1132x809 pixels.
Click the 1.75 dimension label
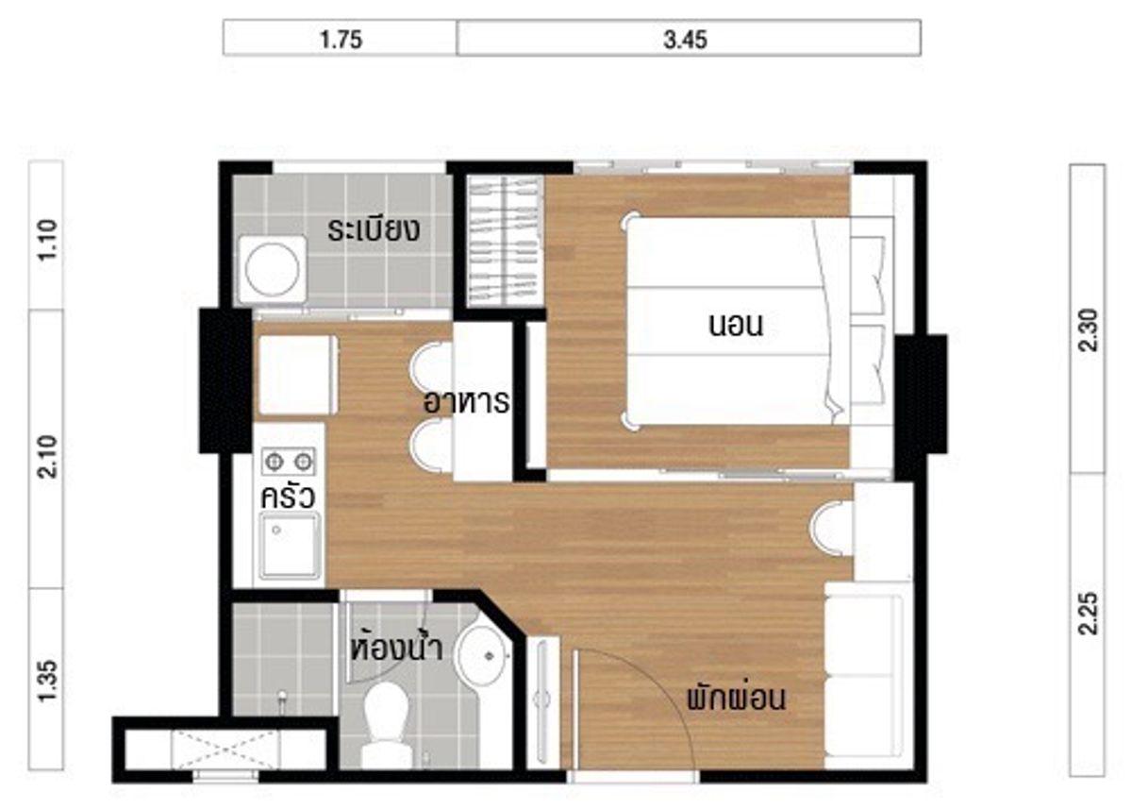click(x=341, y=40)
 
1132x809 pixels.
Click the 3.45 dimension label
click(x=685, y=40)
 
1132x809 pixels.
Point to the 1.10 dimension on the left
click(x=48, y=240)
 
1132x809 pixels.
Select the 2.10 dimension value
click(x=48, y=457)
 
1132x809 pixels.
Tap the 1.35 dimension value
click(x=48, y=681)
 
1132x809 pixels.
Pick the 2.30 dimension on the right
click(x=1088, y=330)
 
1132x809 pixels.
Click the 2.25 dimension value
click(x=1088, y=614)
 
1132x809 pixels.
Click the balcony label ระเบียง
click(x=374, y=230)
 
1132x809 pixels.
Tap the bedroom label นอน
click(x=735, y=326)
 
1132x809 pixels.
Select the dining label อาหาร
click(x=466, y=402)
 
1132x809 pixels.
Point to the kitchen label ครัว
click(x=288, y=497)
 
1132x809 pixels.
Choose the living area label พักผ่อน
click(x=737, y=698)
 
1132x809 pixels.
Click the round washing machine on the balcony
click(x=273, y=269)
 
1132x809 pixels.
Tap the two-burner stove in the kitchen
click(x=288, y=461)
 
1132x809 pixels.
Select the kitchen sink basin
click(x=290, y=546)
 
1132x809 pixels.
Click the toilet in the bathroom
click(x=387, y=725)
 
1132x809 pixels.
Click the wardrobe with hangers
click(x=505, y=241)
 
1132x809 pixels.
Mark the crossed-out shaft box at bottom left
click(x=225, y=750)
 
